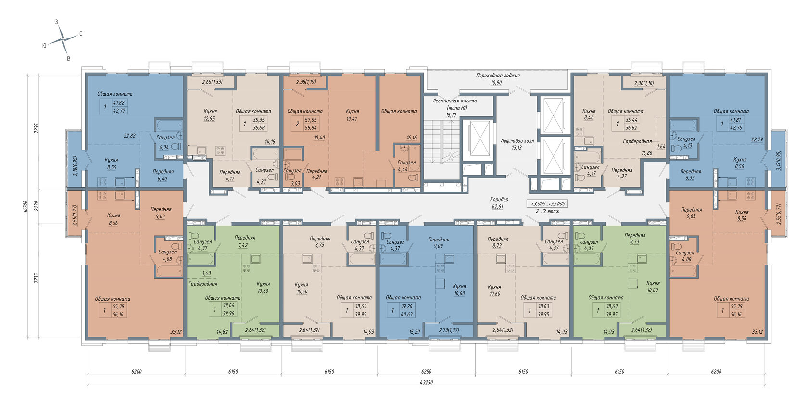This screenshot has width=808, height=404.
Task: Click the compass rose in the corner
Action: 63,39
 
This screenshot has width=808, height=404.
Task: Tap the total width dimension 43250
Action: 426,382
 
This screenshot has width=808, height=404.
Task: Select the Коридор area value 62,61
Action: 497,207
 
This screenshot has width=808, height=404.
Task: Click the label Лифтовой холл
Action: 517,140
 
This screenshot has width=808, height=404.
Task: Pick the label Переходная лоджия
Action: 498,76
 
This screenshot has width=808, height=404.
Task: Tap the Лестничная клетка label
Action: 454,101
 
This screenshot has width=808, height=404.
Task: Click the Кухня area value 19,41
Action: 352,119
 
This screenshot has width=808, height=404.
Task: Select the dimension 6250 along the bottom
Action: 426,371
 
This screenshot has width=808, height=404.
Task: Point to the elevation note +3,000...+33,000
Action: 546,204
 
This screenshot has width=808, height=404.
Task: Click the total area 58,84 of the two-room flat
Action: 311,128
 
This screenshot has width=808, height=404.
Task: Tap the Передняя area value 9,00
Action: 438,246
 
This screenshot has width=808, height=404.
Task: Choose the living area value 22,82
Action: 129,136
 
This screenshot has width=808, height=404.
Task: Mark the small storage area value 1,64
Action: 661,146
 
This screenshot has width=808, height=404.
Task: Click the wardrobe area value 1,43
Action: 207,273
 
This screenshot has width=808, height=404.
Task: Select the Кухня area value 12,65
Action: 209,119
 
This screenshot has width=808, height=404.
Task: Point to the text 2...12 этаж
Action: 547,211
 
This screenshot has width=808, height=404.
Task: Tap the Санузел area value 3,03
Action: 295,183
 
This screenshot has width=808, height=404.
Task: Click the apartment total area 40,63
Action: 406,314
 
